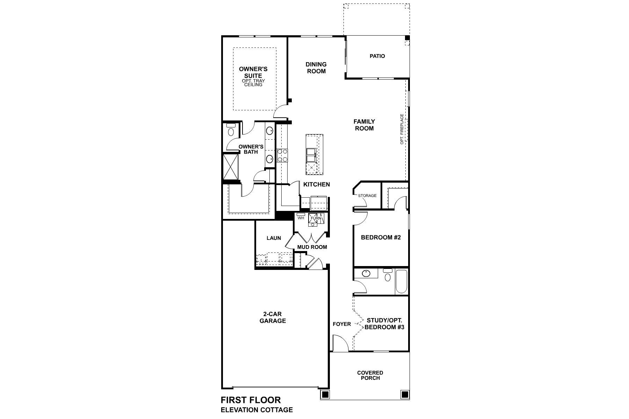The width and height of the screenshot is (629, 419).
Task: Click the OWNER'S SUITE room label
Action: pyautogui.click(x=253, y=73)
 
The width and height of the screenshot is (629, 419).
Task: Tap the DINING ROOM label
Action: pyautogui.click(x=316, y=68)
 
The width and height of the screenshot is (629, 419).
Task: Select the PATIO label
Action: pyautogui.click(x=377, y=56)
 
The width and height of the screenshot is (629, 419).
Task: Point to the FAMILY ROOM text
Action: pyautogui.click(x=364, y=125)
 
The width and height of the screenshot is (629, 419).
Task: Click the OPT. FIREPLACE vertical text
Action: pyautogui.click(x=402, y=129)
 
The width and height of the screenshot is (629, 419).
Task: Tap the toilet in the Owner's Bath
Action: pyautogui.click(x=231, y=131)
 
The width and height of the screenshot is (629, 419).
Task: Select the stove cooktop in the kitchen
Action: pyautogui.click(x=282, y=155)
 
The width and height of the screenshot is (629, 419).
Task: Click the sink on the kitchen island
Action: pyautogui.click(x=311, y=155)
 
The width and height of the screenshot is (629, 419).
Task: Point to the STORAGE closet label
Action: pyautogui.click(x=367, y=196)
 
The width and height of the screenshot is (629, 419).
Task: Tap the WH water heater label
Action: pyautogui.click(x=301, y=218)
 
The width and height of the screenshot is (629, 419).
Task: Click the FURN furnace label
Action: pyautogui.click(x=316, y=218)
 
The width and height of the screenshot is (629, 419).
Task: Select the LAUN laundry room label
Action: pyautogui.click(x=274, y=238)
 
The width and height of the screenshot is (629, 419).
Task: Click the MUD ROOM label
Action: pyautogui.click(x=312, y=247)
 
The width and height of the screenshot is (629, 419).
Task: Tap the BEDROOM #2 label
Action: pyautogui.click(x=381, y=237)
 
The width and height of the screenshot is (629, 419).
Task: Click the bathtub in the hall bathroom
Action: pyautogui.click(x=401, y=281)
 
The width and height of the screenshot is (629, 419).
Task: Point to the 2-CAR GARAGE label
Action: pyautogui.click(x=273, y=317)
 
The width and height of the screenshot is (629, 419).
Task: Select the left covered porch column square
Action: pyautogui.click(x=325, y=395)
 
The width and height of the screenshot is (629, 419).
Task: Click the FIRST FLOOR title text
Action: pyautogui.click(x=251, y=400)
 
